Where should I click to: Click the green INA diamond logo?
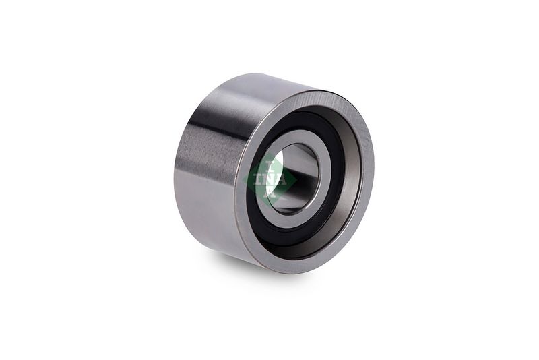269,179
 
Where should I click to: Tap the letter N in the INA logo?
269,180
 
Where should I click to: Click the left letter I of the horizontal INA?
258,180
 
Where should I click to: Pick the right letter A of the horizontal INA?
281,180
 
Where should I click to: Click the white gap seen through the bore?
277,162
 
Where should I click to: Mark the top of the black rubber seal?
303,116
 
